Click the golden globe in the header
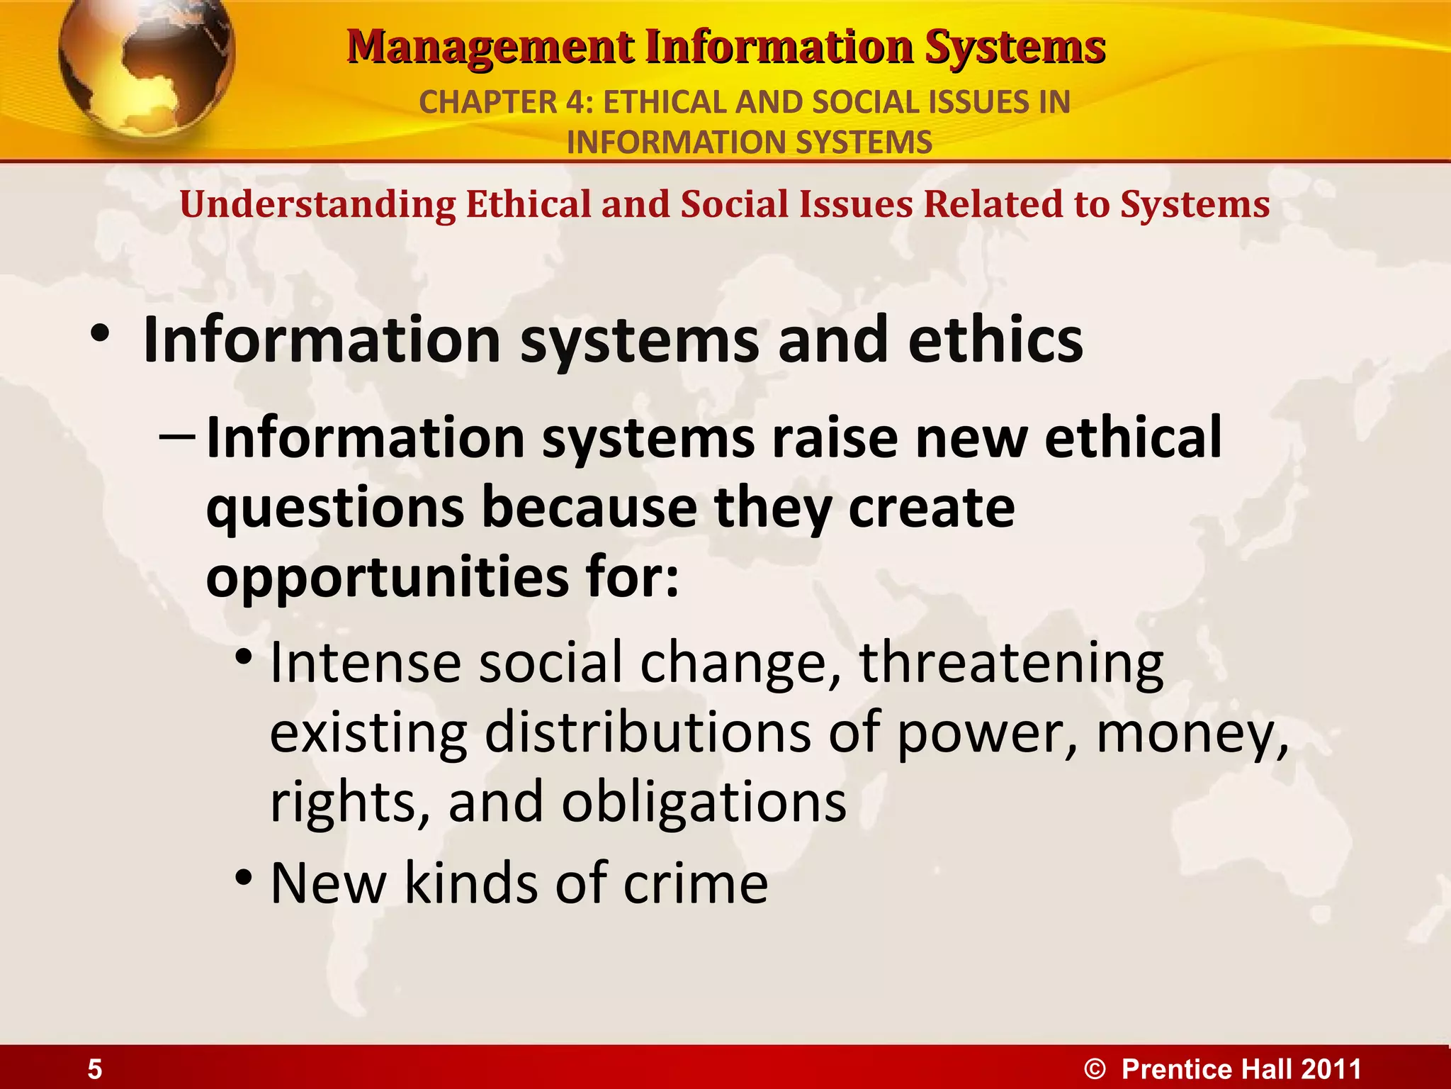tap(145, 64)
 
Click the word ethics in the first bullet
tap(995, 340)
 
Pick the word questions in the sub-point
tap(334, 509)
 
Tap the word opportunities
tap(387, 578)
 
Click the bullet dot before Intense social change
tap(244, 658)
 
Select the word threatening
tap(1011, 663)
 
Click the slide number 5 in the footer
tap(95, 1069)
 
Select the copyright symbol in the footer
tap(1095, 1069)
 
